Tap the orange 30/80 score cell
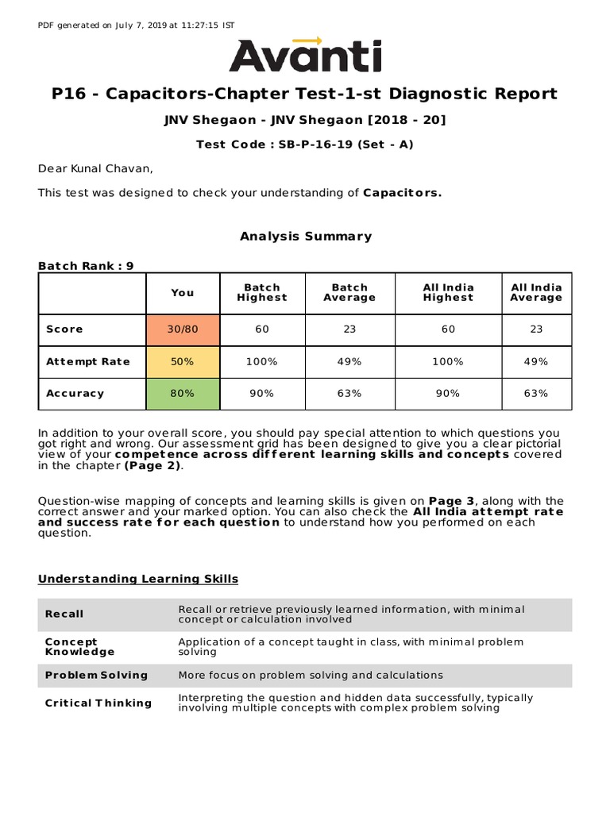coord(183,329)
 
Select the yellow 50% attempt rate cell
coord(183,361)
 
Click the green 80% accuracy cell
coord(183,393)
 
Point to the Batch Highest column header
coord(261,292)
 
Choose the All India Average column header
coord(535,292)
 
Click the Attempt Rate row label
coord(87,361)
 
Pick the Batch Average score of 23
coord(349,329)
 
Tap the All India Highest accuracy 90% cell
coord(448,393)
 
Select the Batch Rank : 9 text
coord(86,266)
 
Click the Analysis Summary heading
coord(305,236)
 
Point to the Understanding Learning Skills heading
coord(138,579)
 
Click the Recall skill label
coord(64,614)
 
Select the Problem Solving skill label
coord(96,675)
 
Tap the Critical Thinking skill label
coord(98,703)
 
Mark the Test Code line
coord(305,144)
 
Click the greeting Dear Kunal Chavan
coord(96,168)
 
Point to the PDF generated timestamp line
coord(136,25)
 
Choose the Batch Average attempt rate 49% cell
coord(349,361)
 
